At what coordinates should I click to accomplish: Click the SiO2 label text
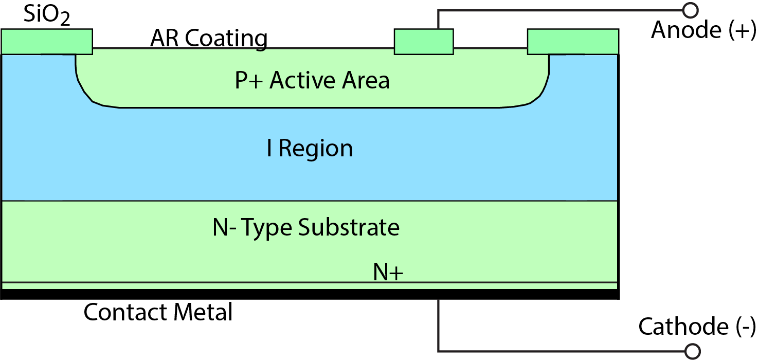pyautogui.click(x=47, y=17)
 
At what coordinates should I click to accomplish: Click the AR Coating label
pyautogui.click(x=209, y=39)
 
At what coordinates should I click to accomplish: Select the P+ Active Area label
pyautogui.click(x=312, y=81)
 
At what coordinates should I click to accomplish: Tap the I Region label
pyautogui.click(x=310, y=149)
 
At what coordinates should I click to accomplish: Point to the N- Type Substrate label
pyautogui.click(x=306, y=227)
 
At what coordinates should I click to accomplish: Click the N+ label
pyautogui.click(x=388, y=273)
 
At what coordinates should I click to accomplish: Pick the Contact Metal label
pyautogui.click(x=158, y=312)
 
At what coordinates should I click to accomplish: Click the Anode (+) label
pyautogui.click(x=703, y=30)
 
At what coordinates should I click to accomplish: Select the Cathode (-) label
pyautogui.click(x=697, y=327)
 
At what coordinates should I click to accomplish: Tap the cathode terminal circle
pyautogui.click(x=693, y=351)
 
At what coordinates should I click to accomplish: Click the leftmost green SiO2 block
pyautogui.click(x=47, y=42)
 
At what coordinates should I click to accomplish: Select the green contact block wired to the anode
pyautogui.click(x=424, y=42)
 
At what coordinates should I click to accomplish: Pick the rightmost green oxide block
pyautogui.click(x=573, y=42)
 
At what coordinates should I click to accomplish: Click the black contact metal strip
pyautogui.click(x=309, y=294)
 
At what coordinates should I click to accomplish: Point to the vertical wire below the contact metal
pyautogui.click(x=438, y=324)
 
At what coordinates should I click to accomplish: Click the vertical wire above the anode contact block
pyautogui.click(x=438, y=20)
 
